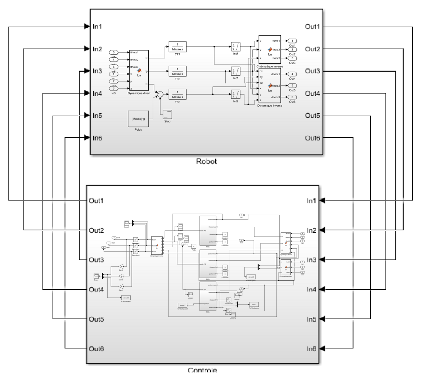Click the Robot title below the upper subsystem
206,161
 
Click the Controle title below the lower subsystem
202,370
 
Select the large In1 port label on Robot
97,26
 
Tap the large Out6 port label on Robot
312,138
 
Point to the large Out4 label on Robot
312,94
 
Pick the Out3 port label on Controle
96,260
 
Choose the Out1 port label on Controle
96,200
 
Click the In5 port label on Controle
311,319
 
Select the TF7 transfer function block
177,47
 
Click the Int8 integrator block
235,47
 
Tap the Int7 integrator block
235,71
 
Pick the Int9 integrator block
235,94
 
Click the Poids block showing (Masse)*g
138,119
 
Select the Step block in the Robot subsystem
167,114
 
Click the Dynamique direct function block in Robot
139,71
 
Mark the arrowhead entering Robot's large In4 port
86,94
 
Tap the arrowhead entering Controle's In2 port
322,230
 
